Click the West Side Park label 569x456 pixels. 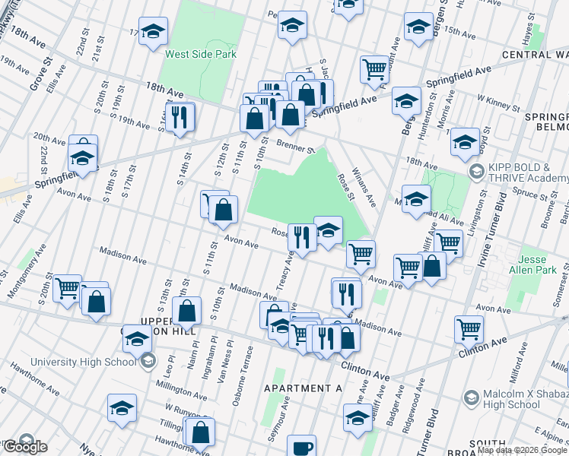(201, 54)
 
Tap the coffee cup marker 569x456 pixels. (302, 448)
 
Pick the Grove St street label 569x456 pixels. (38, 56)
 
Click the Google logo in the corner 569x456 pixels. (24, 446)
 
